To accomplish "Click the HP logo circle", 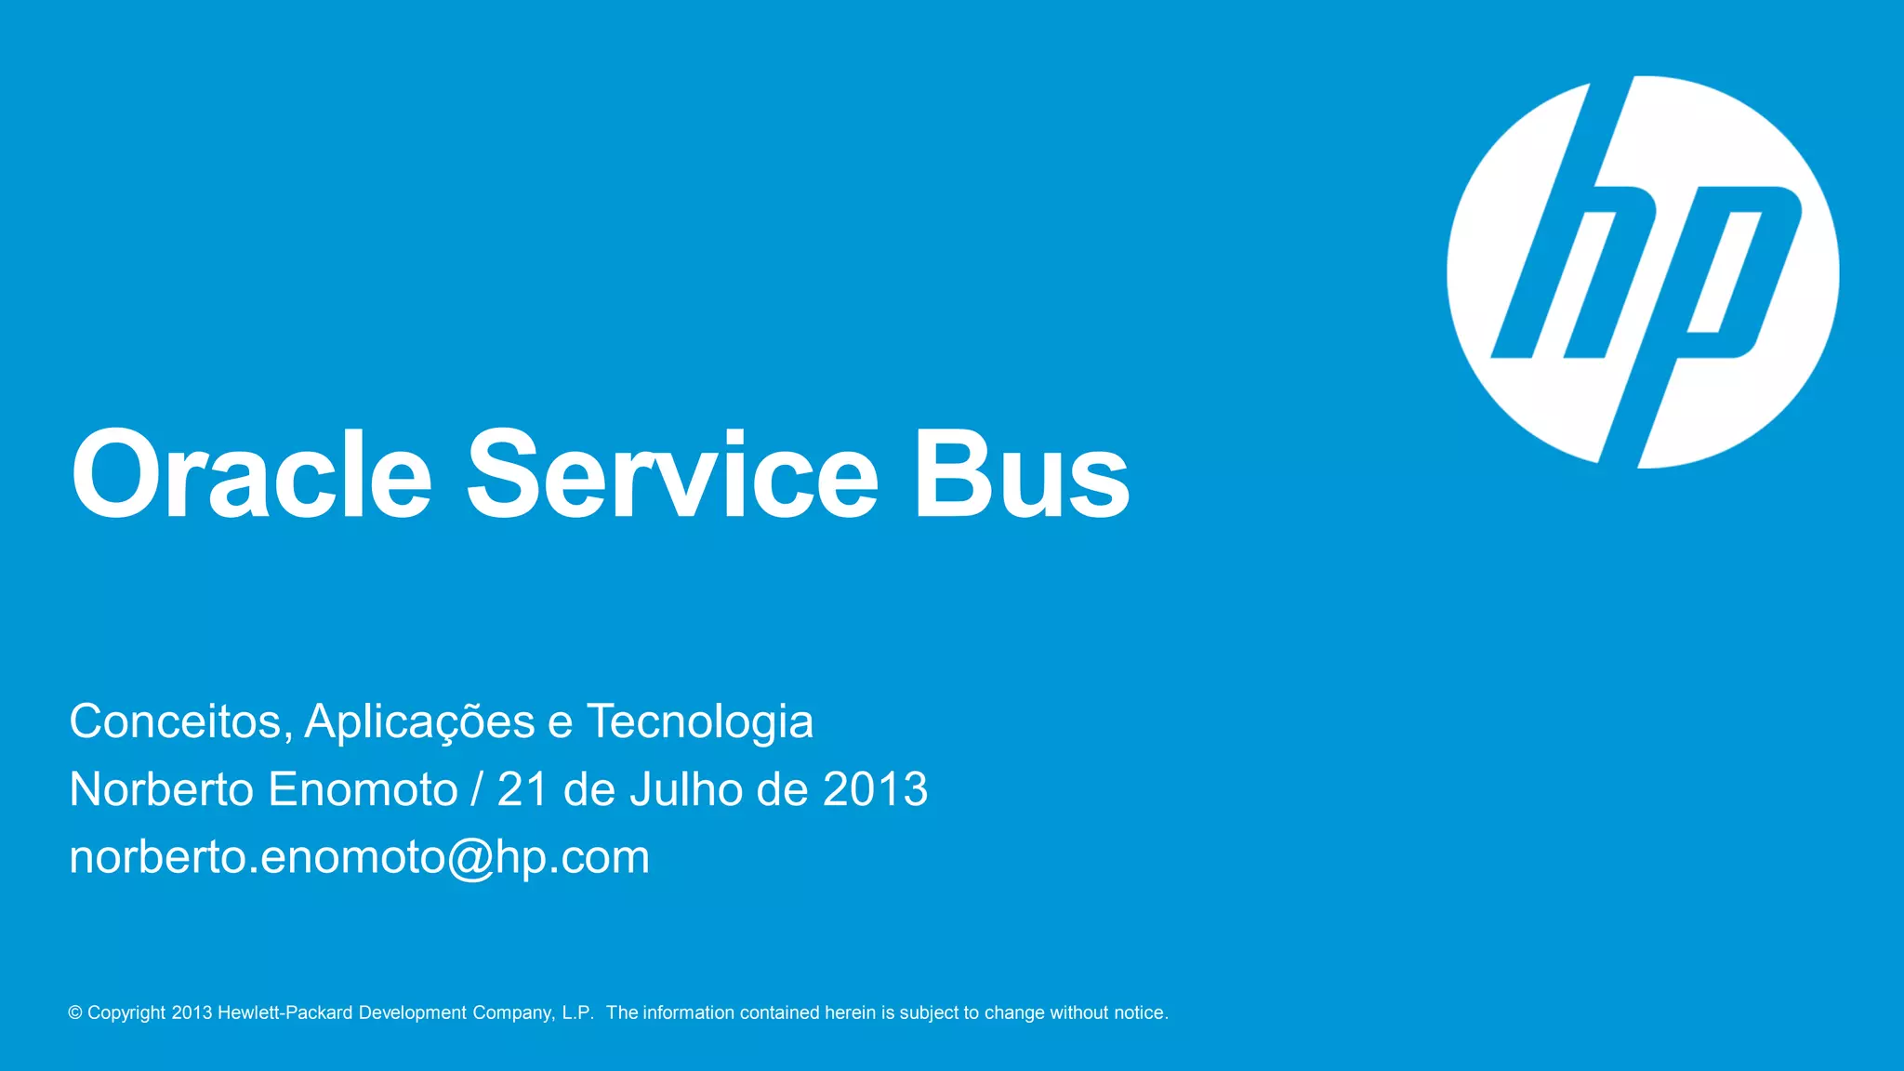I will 1643,271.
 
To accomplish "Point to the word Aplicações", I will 419,721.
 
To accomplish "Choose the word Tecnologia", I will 699,721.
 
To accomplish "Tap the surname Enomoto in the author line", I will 363,789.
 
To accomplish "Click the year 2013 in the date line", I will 875,789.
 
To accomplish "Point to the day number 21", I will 522,789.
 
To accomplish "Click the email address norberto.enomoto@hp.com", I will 359,857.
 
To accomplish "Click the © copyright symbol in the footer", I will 75,1012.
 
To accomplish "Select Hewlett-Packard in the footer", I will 284,1012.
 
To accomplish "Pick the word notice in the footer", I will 1139,1012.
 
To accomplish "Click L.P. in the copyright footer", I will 577,1012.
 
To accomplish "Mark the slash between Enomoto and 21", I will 477,789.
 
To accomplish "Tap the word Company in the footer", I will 513,1012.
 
